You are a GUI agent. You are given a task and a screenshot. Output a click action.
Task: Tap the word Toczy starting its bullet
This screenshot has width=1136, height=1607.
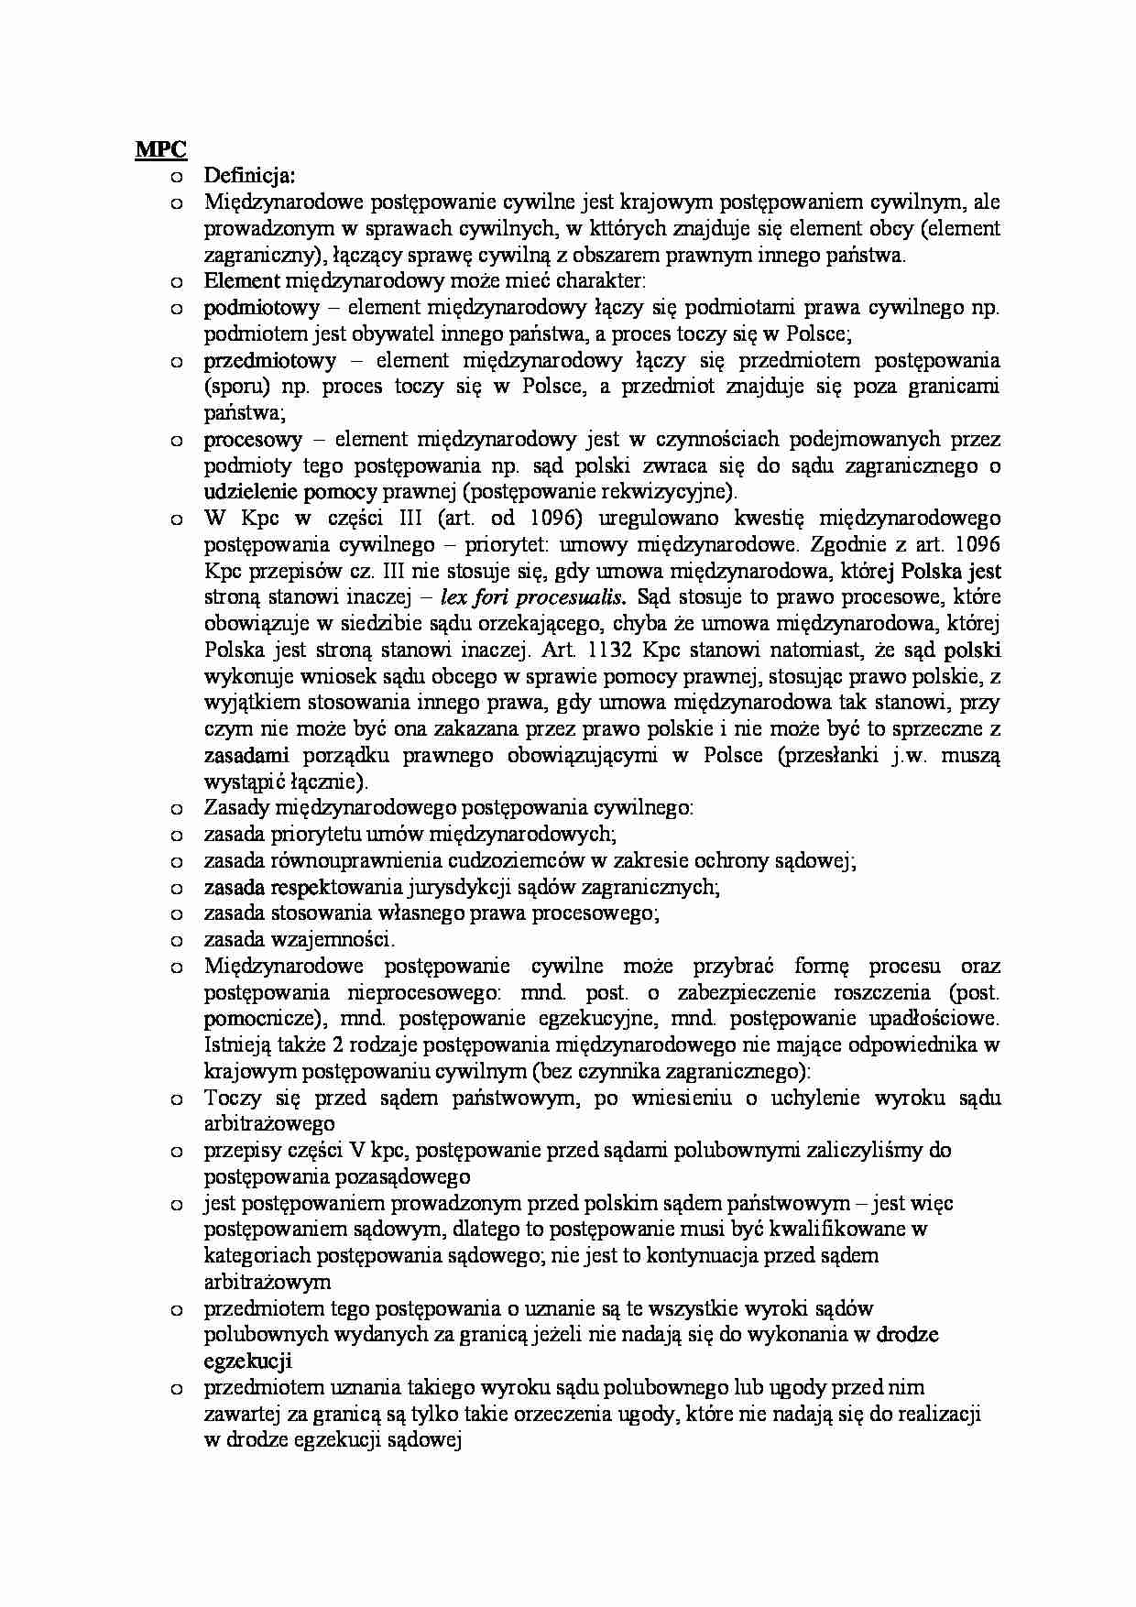click(233, 1098)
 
